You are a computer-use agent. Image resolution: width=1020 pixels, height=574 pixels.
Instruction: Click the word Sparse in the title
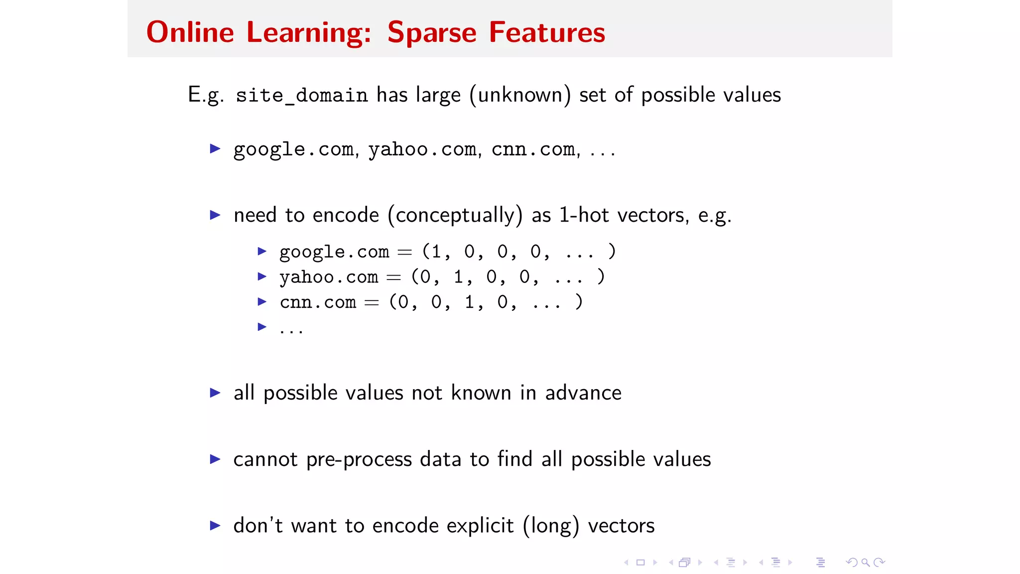432,33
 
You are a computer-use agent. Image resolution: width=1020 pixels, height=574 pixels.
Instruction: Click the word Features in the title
547,33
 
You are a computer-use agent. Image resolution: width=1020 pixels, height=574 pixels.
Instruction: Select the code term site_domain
301,95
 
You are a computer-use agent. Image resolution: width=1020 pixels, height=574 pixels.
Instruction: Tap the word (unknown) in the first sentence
520,95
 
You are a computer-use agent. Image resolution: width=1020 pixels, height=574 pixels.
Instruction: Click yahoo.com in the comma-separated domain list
422,149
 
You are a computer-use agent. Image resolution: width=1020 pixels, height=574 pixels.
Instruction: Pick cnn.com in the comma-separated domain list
533,149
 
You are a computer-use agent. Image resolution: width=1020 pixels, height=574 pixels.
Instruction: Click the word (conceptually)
455,215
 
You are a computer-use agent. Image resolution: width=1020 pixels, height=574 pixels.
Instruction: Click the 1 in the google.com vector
436,252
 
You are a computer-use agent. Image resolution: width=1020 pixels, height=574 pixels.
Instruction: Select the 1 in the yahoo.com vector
458,277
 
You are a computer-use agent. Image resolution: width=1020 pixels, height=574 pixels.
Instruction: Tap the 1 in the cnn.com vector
469,302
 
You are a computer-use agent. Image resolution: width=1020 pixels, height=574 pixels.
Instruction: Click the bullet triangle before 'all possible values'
215,393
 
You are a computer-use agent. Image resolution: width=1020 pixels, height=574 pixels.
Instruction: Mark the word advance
583,393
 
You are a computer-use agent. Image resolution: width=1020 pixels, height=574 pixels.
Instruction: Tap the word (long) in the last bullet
551,526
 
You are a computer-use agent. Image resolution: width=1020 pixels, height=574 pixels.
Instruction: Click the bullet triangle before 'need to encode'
215,215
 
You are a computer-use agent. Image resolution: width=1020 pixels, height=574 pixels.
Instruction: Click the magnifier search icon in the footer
866,563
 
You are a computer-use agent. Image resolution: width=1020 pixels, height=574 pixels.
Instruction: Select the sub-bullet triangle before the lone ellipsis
262,327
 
